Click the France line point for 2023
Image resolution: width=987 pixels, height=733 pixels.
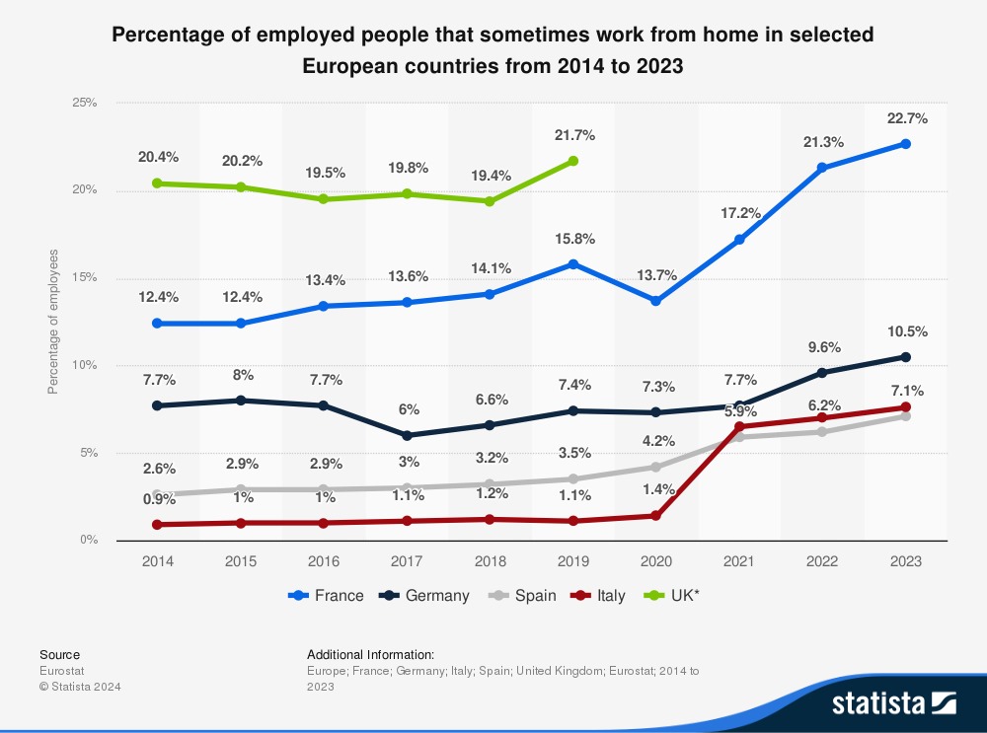905,144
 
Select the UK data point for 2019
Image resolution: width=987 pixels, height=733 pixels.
573,161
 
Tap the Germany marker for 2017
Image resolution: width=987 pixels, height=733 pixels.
408,435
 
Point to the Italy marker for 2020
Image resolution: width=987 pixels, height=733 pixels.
656,515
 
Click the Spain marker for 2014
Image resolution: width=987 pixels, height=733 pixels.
158,494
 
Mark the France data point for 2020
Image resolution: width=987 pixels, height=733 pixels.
656,300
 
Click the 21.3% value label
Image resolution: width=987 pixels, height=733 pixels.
822,142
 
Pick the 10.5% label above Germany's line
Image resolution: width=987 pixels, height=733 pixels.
905,331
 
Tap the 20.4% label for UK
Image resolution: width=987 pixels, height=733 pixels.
158,157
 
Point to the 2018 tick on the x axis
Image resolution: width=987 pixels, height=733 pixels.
491,561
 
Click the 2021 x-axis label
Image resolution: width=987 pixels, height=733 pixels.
739,561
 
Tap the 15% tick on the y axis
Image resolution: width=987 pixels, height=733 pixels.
84,277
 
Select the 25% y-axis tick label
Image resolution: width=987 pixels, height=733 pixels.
84,103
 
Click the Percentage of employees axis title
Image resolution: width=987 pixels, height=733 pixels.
53,322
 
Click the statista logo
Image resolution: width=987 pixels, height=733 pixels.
893,702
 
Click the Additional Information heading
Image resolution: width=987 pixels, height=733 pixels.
370,654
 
